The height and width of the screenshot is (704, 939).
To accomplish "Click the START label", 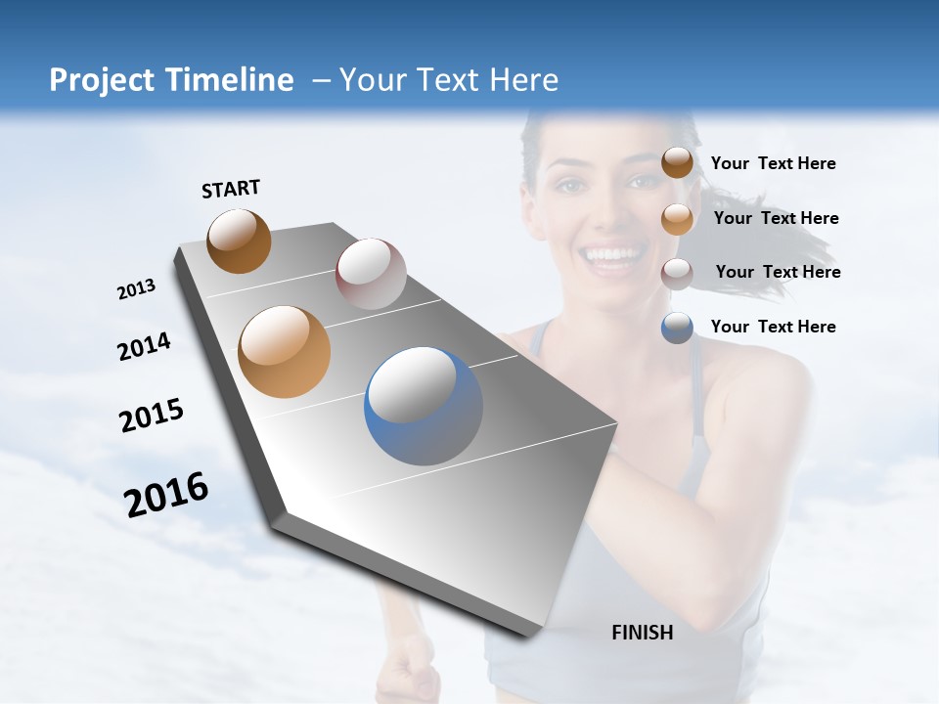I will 231,189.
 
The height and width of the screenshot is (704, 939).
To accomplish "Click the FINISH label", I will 643,633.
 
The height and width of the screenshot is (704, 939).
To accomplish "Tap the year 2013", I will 137,289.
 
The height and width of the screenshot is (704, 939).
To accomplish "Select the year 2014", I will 145,346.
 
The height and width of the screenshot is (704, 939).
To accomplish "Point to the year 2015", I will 152,416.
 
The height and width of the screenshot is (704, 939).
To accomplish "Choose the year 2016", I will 166,494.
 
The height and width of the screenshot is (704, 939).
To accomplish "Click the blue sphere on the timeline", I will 424,406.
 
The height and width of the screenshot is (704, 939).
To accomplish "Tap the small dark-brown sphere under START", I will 239,241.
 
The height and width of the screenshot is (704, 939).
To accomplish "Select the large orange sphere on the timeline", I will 285,352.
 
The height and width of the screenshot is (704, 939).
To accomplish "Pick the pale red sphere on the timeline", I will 371,274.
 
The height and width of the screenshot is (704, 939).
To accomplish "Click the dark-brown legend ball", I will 677,163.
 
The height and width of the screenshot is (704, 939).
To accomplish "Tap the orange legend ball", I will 677,218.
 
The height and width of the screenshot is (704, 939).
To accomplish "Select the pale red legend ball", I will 677,273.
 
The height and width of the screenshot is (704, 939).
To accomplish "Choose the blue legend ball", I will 677,327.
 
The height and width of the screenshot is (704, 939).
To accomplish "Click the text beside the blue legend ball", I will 773,327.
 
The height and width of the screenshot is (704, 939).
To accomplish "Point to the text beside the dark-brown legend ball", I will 773,163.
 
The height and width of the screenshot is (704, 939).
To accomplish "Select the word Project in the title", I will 98,80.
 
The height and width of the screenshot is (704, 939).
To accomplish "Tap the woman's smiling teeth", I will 608,256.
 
